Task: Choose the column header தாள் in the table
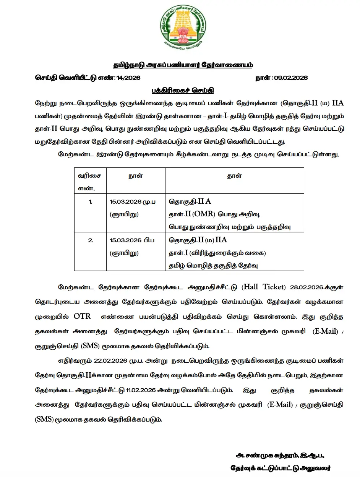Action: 234,176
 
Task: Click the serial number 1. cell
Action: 90,201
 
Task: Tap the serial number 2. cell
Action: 90,240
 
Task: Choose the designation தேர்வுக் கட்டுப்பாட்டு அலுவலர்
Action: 281,468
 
